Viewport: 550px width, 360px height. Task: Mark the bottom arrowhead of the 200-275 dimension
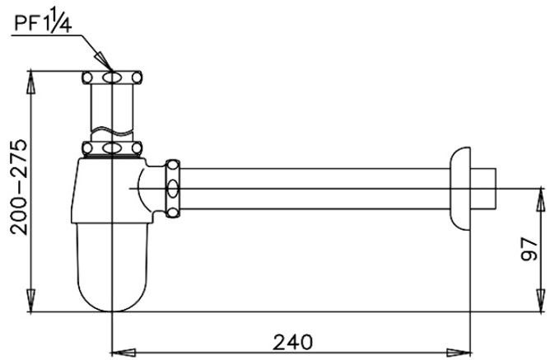tap(31, 305)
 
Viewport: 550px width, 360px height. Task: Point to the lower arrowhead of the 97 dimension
tap(541, 304)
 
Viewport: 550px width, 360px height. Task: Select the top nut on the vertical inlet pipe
tap(112, 78)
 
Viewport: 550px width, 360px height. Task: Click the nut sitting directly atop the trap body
tap(112, 149)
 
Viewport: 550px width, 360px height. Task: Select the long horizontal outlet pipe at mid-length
tap(313, 189)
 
